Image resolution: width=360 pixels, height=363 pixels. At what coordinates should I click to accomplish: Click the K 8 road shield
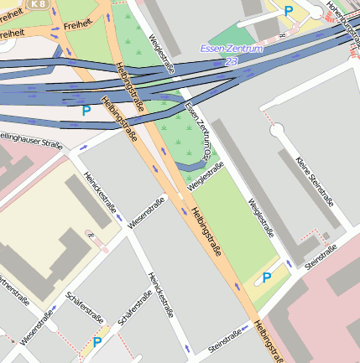(38, 4)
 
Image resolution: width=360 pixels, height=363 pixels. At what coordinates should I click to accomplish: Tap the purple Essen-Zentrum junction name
(232, 49)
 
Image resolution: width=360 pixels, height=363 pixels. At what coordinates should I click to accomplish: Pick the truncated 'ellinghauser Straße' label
(31, 139)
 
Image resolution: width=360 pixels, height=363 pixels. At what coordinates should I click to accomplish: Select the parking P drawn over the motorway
(85, 110)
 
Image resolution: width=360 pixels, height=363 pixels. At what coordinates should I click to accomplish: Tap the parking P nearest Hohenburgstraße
(289, 11)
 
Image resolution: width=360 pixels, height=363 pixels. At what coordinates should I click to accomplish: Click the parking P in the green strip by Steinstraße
(267, 277)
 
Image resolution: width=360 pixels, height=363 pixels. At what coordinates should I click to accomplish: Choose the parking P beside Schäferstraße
(97, 342)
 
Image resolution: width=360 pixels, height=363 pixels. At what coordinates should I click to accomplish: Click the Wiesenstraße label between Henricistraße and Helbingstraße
(146, 214)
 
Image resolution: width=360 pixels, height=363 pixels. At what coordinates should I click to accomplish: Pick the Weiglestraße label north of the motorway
(161, 54)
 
